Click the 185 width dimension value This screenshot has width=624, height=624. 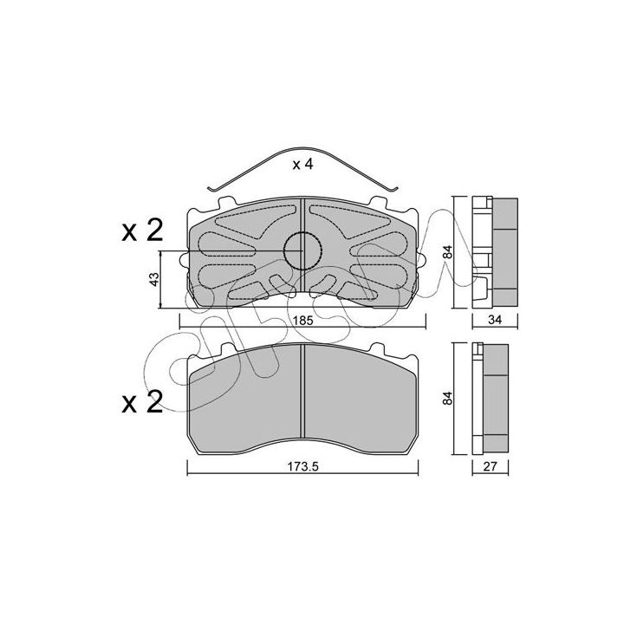pyautogui.click(x=303, y=320)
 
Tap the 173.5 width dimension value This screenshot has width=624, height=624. pyautogui.click(x=303, y=466)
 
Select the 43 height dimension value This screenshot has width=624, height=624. pyautogui.click(x=154, y=278)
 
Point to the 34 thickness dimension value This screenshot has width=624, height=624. pyautogui.click(x=495, y=319)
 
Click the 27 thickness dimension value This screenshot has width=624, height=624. pyautogui.click(x=490, y=466)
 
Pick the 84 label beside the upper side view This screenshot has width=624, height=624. pyautogui.click(x=448, y=252)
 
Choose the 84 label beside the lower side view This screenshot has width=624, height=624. pyautogui.click(x=448, y=399)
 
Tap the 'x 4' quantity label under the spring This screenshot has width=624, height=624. pyautogui.click(x=302, y=165)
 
